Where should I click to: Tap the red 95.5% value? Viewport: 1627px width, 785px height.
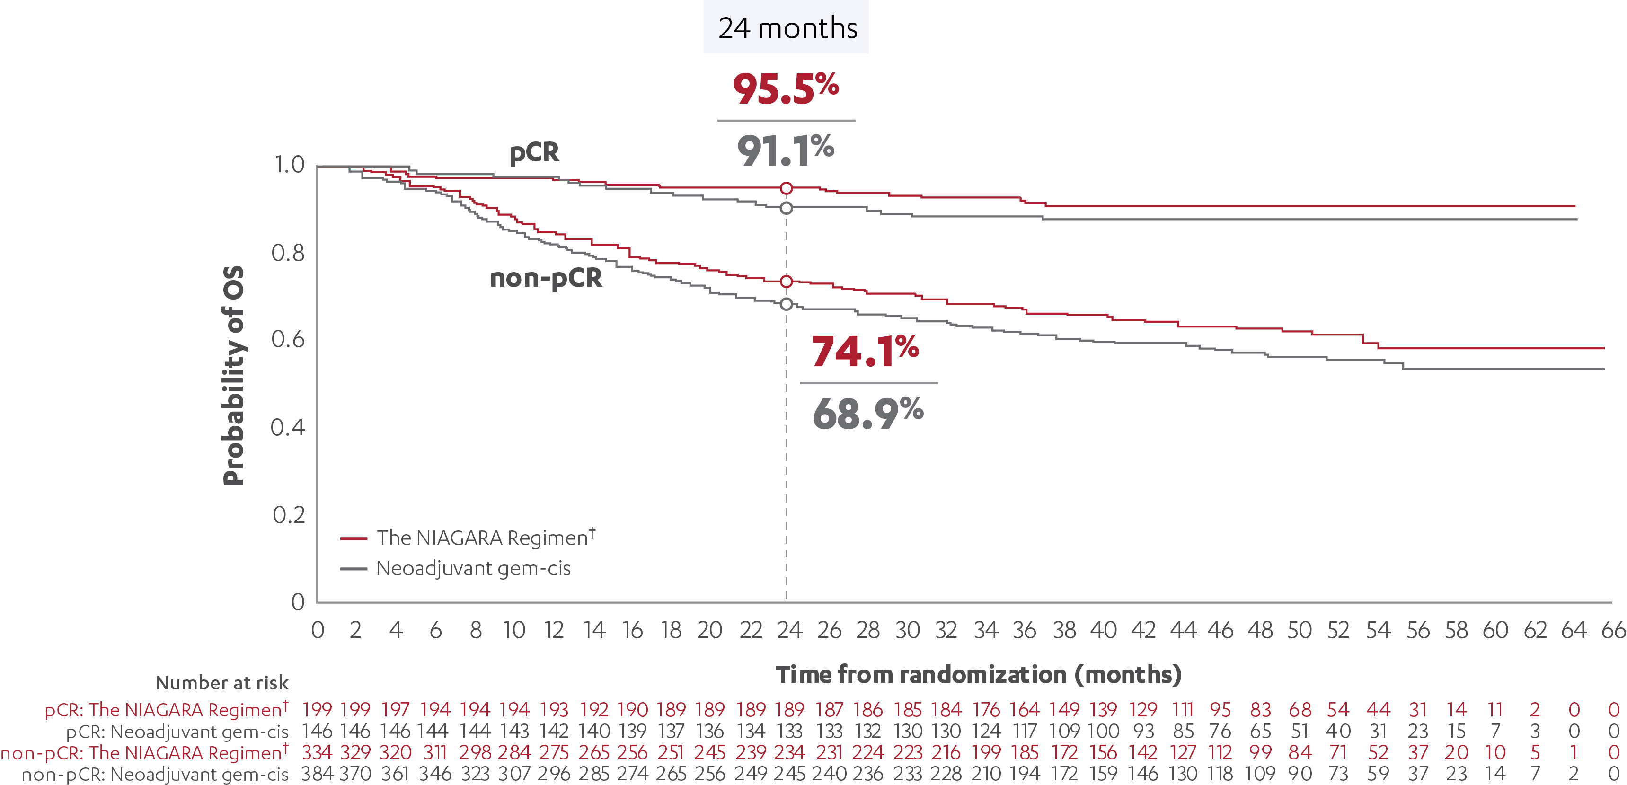click(786, 89)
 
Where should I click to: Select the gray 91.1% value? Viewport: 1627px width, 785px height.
click(786, 151)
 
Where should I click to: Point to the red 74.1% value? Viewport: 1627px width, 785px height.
click(865, 351)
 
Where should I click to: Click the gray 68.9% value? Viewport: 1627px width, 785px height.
click(868, 414)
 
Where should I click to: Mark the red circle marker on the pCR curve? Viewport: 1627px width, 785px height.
click(787, 188)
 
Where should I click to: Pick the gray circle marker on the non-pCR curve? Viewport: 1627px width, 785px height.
click(787, 304)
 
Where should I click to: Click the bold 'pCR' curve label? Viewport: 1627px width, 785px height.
click(534, 153)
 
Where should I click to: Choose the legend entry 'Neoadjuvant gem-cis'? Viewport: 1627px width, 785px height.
click(473, 568)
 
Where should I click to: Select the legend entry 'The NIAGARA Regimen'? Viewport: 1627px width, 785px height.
click(484, 538)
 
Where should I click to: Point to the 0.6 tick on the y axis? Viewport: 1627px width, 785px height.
click(288, 340)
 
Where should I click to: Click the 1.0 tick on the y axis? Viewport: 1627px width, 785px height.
click(289, 165)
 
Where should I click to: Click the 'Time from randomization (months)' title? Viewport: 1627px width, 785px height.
click(978, 674)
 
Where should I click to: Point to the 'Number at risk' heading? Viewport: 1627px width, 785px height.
click(221, 683)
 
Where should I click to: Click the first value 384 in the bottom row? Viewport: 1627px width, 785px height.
click(317, 774)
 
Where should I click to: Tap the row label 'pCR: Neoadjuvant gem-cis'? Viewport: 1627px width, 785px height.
click(177, 732)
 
